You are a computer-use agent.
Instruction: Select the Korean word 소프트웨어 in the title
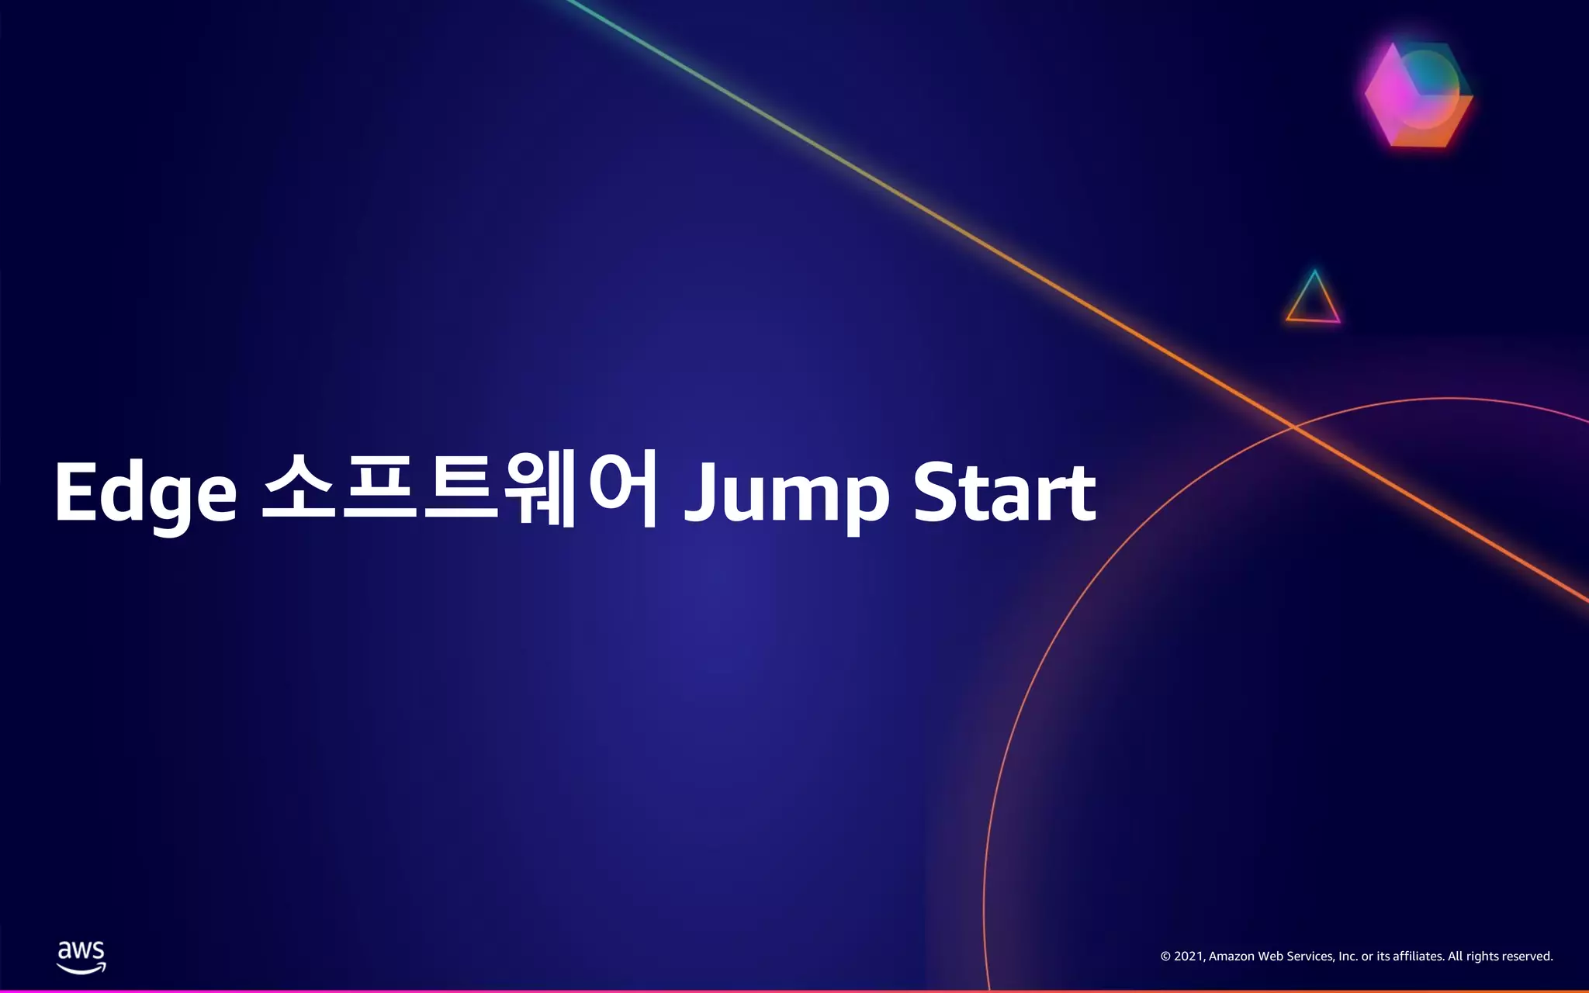[460, 490]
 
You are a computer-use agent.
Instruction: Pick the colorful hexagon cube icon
[1418, 95]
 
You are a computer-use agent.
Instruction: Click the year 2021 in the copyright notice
[1188, 957]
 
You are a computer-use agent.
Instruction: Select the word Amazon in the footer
[1231, 957]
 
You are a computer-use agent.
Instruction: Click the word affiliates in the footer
[1418, 957]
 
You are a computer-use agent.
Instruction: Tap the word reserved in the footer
[1527, 957]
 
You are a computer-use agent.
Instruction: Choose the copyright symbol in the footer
[1165, 957]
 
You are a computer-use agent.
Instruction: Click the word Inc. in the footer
[1348, 957]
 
